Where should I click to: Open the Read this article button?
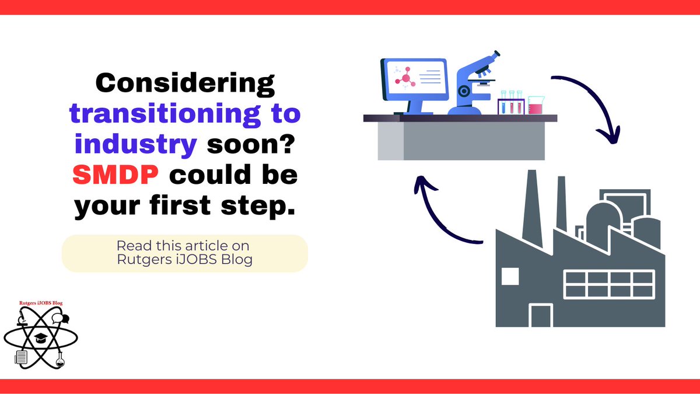click(184, 253)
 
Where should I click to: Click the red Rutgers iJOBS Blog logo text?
click(40, 303)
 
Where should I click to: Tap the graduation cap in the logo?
click(40, 337)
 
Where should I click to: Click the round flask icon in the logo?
click(60, 361)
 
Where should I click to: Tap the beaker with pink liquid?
click(535, 106)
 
